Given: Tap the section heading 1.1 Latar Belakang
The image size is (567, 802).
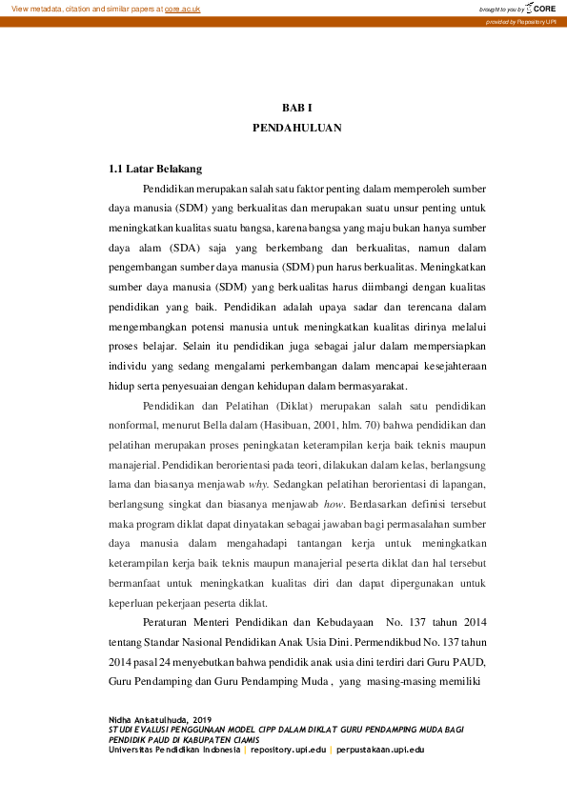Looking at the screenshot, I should click(x=155, y=169).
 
